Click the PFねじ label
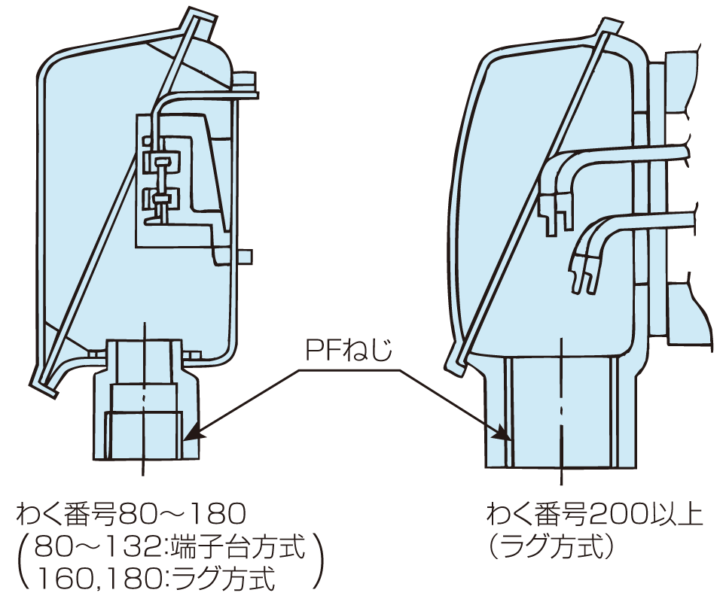(349, 350)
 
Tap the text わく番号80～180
(131, 515)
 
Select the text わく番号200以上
(594, 515)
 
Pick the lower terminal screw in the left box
(161, 199)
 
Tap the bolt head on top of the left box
(244, 79)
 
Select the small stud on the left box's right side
(246, 257)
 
